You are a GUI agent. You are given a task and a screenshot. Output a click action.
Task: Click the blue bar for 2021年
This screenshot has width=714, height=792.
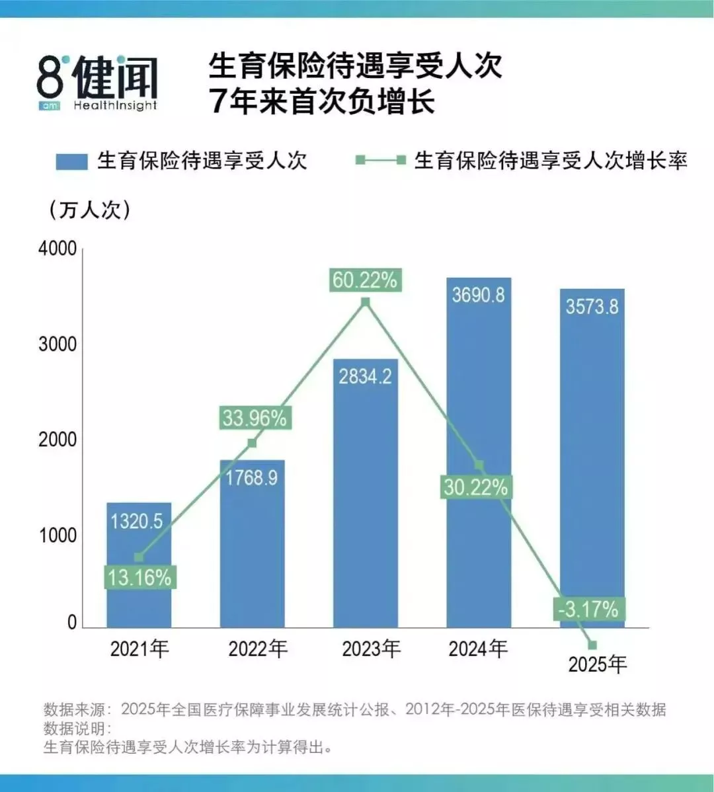click(x=139, y=565)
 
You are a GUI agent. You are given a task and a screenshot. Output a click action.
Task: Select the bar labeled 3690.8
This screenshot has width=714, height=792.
click(x=479, y=453)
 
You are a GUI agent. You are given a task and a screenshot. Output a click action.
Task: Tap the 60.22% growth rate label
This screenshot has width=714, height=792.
click(x=365, y=280)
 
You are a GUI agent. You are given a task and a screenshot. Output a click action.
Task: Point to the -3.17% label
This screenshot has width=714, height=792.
click(x=588, y=609)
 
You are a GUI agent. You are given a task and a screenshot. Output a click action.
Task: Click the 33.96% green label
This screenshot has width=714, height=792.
click(x=255, y=418)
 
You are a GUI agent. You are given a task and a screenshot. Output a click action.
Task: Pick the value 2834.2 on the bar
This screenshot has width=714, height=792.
click(x=365, y=376)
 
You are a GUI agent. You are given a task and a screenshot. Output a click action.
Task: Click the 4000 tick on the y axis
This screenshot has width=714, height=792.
click(x=58, y=249)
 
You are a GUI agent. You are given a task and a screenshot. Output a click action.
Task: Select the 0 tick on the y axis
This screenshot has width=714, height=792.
click(x=71, y=623)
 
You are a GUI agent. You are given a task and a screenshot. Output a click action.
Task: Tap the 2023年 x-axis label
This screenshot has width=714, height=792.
click(x=372, y=649)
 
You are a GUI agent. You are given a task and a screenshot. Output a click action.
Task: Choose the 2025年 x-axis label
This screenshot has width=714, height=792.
click(x=598, y=664)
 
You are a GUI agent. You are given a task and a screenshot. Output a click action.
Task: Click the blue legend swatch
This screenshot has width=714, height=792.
click(x=71, y=161)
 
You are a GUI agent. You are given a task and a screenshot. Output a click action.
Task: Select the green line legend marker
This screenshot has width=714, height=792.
click(x=381, y=160)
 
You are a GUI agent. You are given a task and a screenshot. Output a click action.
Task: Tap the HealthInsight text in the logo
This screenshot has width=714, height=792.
click(x=115, y=106)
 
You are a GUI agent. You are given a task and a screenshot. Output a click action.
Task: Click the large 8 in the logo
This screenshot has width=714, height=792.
click(x=50, y=77)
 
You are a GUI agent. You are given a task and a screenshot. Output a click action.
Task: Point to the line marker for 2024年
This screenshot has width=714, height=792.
click(x=479, y=465)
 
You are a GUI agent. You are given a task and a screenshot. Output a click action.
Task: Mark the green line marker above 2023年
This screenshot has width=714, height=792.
click(x=366, y=302)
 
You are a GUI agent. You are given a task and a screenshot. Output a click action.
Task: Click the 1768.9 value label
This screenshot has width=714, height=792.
click(x=251, y=477)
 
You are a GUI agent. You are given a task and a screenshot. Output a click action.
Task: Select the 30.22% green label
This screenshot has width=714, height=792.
click(x=475, y=487)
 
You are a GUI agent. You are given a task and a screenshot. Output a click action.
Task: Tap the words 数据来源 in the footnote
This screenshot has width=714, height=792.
click(x=74, y=709)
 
